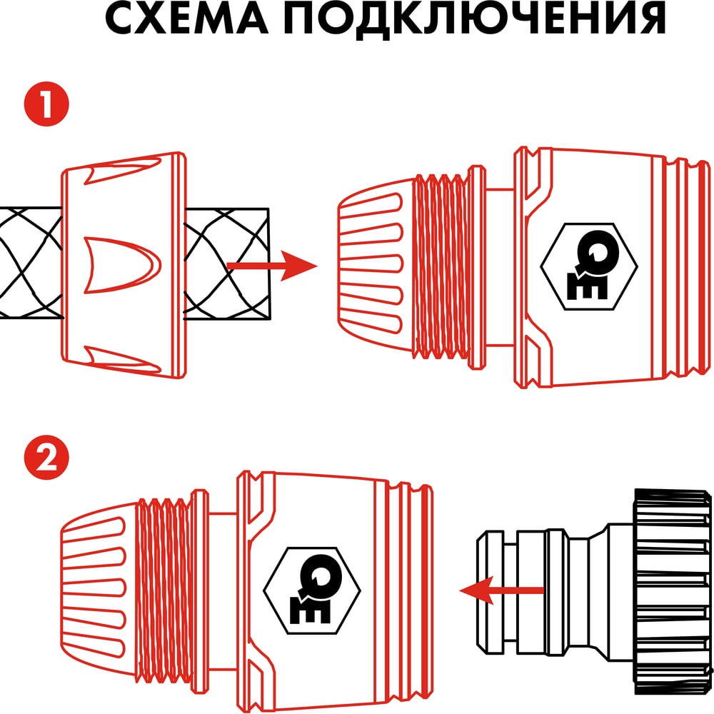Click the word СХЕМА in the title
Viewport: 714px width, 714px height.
186,19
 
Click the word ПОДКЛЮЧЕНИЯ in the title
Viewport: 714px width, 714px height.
475,19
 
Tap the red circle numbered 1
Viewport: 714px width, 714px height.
46,104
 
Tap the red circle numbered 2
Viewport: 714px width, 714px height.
46,458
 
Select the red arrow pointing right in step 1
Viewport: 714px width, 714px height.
272,266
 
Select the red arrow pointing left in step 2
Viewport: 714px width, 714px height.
501,590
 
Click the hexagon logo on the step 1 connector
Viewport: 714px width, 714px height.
589,266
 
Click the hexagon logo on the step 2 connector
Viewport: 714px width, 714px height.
312,590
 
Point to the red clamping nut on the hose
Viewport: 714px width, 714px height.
124,265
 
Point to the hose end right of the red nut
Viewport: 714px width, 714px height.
227,264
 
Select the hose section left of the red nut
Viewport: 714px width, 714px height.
31,262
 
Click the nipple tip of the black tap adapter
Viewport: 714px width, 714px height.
496,592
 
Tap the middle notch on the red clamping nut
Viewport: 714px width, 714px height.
122,265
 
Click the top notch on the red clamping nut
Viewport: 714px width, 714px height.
123,170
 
